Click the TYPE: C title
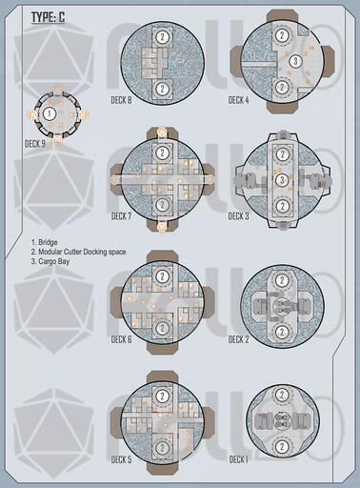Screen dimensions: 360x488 (48, 17)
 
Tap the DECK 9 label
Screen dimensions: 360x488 (35, 144)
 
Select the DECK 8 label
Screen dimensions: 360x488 (121, 100)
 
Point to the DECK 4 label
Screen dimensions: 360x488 (239, 100)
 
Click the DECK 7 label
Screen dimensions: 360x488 (121, 216)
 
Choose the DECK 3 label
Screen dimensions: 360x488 (239, 216)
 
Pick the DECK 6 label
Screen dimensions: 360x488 (121, 339)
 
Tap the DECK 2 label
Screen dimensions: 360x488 (239, 339)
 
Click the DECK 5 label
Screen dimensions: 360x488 (121, 459)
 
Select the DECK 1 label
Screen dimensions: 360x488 (238, 459)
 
